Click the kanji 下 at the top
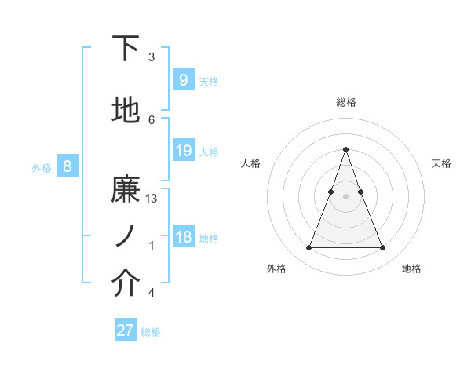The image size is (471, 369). pyautogui.click(x=126, y=49)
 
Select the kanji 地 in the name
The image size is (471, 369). pyautogui.click(x=126, y=111)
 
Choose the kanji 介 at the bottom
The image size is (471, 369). pyautogui.click(x=126, y=285)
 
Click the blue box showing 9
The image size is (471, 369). pyautogui.click(x=183, y=79)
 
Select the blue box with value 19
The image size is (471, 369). pyautogui.click(x=183, y=151)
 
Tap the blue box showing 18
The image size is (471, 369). pyautogui.click(x=183, y=237)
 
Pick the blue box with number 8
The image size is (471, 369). pyautogui.click(x=68, y=166)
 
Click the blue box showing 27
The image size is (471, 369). pyautogui.click(x=125, y=331)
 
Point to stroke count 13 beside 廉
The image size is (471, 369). pyautogui.click(x=152, y=199)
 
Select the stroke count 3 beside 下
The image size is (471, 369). pyautogui.click(x=152, y=57)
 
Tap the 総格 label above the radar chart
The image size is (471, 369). pyautogui.click(x=345, y=102)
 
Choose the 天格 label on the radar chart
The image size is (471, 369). pyautogui.click(x=441, y=163)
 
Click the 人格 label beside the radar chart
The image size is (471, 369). pyautogui.click(x=250, y=163)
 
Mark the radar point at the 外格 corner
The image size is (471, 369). pyautogui.click(x=309, y=248)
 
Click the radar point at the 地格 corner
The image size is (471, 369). pyautogui.click(x=382, y=248)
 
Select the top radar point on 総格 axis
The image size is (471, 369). pyautogui.click(x=345, y=149)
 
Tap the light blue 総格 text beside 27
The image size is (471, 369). pyautogui.click(x=151, y=332)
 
